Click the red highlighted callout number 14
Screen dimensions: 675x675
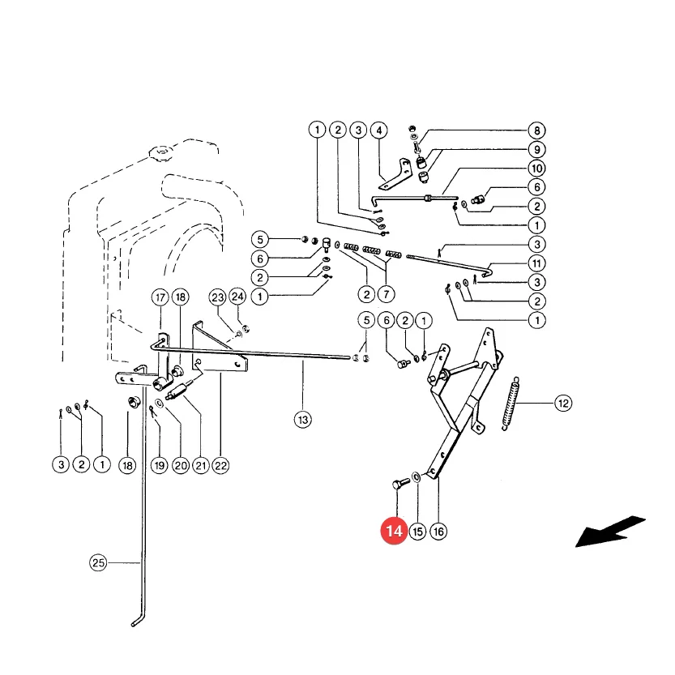click(x=394, y=531)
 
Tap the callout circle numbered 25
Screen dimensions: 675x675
click(x=98, y=562)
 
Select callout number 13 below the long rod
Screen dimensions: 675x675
click(x=303, y=419)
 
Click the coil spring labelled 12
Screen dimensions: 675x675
click(x=511, y=404)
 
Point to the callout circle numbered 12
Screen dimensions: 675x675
click(x=563, y=404)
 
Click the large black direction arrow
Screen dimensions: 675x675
click(x=610, y=532)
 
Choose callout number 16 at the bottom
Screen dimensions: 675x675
click(x=438, y=532)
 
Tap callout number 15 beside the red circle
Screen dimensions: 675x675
click(x=417, y=532)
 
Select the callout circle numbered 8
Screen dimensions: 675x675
click(x=536, y=130)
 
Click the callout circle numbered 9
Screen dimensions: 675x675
click(x=536, y=149)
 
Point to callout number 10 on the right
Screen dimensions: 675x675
click(x=536, y=169)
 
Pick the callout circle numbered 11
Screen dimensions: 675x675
click(x=536, y=263)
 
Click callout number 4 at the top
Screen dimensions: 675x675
click(x=379, y=130)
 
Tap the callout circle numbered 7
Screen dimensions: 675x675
click(x=387, y=294)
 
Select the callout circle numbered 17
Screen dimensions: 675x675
click(x=160, y=297)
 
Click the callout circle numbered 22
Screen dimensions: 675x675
click(x=220, y=465)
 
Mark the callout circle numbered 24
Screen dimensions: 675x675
click(x=237, y=297)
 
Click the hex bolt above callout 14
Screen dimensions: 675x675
click(x=399, y=484)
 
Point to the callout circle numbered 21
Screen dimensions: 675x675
click(x=201, y=465)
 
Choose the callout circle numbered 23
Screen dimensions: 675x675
click(x=217, y=297)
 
